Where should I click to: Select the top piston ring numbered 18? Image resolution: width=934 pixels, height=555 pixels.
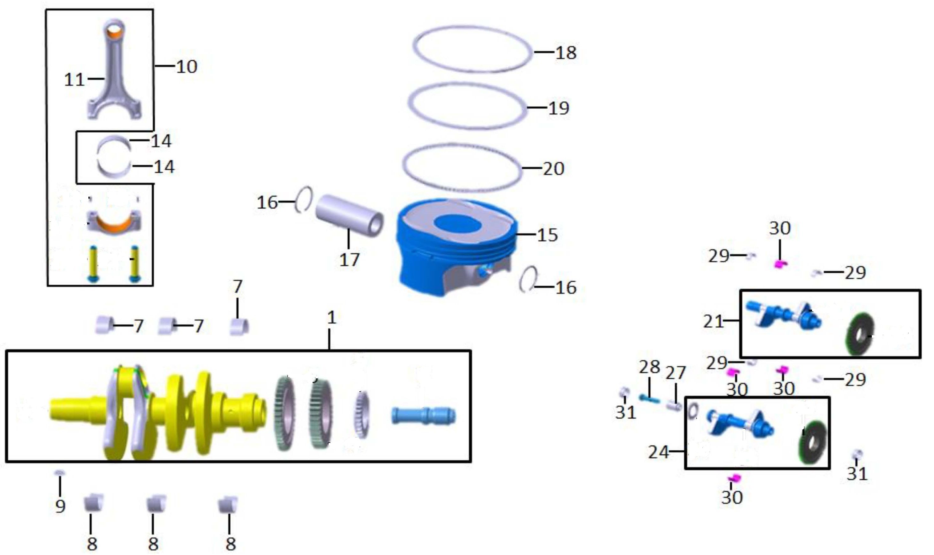point(472,49)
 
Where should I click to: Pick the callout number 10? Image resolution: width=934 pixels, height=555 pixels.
point(186,66)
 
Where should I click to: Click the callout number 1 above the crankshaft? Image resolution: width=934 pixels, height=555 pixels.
point(331,318)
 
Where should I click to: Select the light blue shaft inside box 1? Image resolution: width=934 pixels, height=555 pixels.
point(423,416)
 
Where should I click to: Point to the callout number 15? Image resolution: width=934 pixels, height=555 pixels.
point(547,235)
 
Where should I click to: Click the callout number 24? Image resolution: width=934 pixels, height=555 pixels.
point(658,452)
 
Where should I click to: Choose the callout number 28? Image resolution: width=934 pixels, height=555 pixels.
point(649,367)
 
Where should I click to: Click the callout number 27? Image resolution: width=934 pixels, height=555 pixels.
point(676,372)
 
